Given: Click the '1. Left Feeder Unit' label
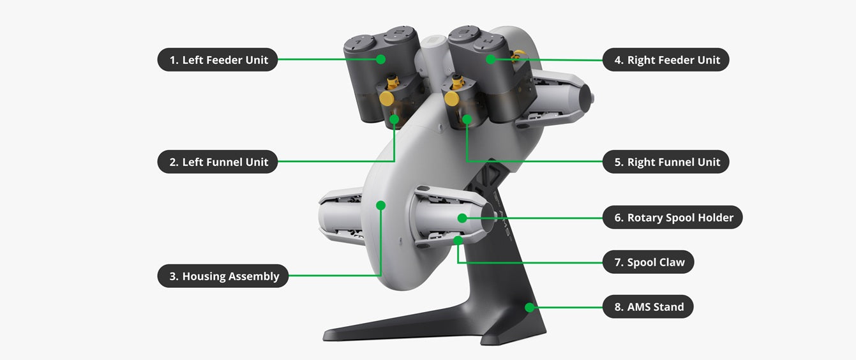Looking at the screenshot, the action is click(218, 59).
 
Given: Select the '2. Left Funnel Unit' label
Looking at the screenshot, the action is click(218, 161).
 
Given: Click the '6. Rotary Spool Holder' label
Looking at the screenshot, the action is click(673, 218).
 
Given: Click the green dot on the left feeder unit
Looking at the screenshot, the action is click(380, 59).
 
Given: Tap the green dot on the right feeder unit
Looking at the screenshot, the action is click(491, 59).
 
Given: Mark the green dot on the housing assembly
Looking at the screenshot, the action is click(380, 206).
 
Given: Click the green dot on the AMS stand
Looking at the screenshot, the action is click(530, 307).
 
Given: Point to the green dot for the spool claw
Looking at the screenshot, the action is click(458, 241).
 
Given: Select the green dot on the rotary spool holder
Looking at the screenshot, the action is click(462, 218).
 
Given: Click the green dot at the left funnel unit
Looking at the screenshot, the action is click(394, 119).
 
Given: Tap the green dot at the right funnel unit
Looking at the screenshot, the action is click(467, 119).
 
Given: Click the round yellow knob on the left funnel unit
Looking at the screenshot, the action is click(387, 98).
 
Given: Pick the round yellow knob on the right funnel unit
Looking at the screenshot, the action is click(452, 98).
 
